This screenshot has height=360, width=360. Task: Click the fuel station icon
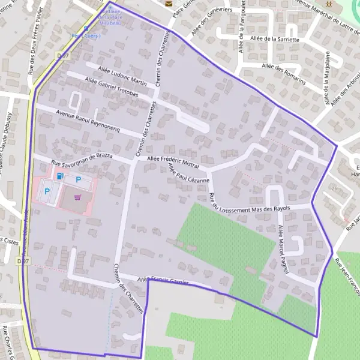59,176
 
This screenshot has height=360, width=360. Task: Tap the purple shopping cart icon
77,196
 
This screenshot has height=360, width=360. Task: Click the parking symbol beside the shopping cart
78,179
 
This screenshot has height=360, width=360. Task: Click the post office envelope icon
168,2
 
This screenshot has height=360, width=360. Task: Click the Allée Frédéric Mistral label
173,161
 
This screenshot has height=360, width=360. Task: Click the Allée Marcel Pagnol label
284,250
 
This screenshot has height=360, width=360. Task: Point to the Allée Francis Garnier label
163,281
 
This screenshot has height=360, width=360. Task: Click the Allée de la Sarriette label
276,39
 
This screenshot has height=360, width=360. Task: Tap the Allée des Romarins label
284,73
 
